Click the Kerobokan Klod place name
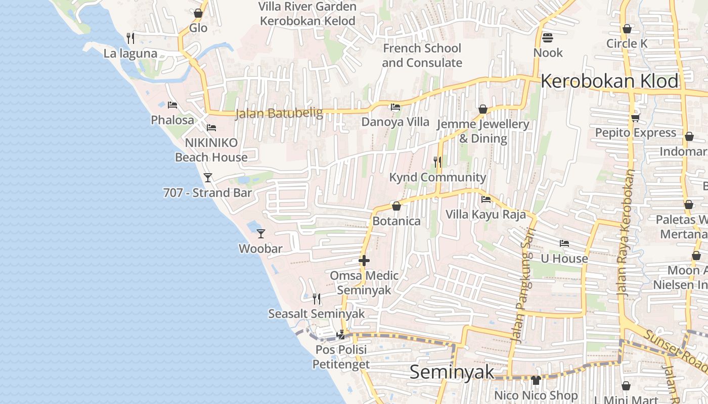coord(609,81)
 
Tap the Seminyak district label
coord(452,372)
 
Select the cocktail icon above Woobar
coord(261,233)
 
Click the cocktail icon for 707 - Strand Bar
coord(207,178)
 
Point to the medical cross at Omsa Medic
coord(364,261)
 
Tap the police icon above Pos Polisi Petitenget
coord(341,334)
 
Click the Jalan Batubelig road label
coord(279,113)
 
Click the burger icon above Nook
coord(548,37)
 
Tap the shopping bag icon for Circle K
coord(627,29)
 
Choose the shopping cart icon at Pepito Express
coord(635,118)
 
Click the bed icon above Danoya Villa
coord(395,107)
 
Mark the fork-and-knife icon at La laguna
coord(130,38)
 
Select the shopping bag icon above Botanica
coord(396,206)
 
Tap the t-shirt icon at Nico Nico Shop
coord(536,380)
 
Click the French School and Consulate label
coord(422,56)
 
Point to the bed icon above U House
coord(564,243)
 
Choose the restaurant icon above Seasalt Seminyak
coord(317,299)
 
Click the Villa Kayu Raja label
coord(485,215)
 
